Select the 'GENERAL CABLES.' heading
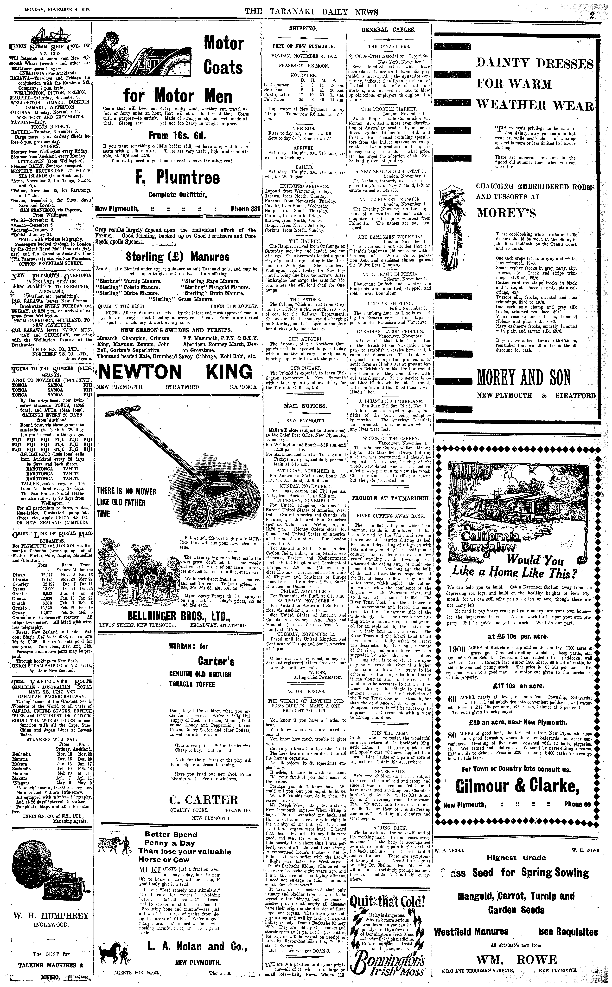pyautogui.click(x=388, y=30)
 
